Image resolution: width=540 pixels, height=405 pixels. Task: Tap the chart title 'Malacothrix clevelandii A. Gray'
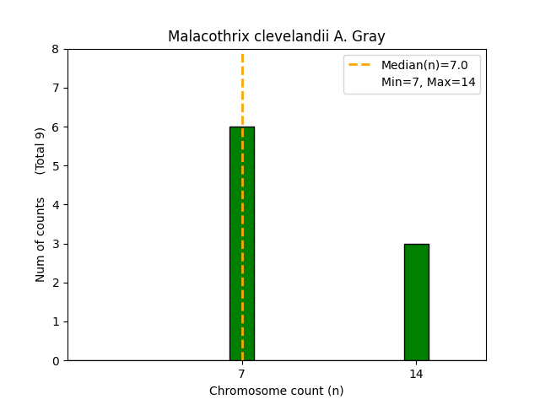coord(276,36)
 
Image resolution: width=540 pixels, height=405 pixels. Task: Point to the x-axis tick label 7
coord(242,374)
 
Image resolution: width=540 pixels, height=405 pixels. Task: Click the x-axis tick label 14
coord(416,374)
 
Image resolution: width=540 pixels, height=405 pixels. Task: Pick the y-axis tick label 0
coord(56,360)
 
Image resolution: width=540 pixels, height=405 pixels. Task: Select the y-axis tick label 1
coord(56,321)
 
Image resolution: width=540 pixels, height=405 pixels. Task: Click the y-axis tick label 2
coord(56,283)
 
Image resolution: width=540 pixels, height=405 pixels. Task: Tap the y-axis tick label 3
coord(56,244)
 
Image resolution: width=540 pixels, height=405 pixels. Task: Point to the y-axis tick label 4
coord(56,205)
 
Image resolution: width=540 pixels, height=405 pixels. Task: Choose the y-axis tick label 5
coord(56,166)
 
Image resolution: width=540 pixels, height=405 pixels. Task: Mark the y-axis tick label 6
coord(56,127)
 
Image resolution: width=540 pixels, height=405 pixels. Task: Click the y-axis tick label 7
coord(56,88)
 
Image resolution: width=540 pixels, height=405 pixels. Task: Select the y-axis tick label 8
coord(56,49)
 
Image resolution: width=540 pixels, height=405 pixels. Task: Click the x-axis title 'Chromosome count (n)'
coord(276,391)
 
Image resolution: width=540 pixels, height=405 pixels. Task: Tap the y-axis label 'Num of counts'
coord(40,239)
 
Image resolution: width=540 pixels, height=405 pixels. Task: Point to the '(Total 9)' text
coord(40,151)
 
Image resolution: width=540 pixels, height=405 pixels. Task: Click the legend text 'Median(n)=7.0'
coord(418,65)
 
